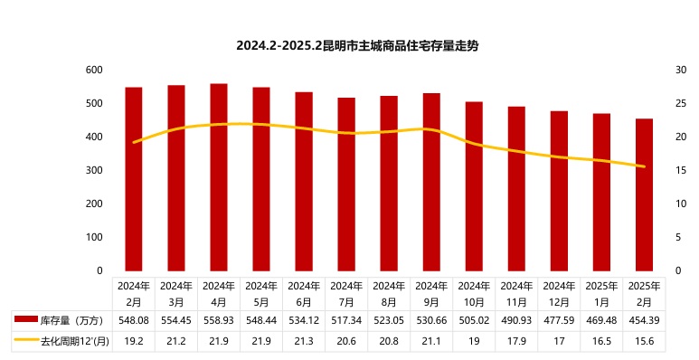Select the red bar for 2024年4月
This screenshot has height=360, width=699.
(x=219, y=177)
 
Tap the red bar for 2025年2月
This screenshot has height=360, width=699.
(x=644, y=194)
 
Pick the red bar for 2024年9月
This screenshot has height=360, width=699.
(x=431, y=182)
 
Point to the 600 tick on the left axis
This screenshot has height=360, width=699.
(x=93, y=70)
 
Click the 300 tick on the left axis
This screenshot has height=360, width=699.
(x=93, y=170)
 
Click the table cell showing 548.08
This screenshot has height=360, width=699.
(x=134, y=320)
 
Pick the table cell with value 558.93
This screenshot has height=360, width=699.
(x=219, y=320)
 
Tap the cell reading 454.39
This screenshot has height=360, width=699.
(x=644, y=320)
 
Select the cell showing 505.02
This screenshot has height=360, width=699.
(x=474, y=320)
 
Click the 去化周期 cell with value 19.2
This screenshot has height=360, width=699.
(x=134, y=341)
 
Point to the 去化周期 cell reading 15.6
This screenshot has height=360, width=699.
(x=644, y=341)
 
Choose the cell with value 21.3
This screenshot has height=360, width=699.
(x=304, y=341)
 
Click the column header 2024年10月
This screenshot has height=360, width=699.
(x=474, y=293)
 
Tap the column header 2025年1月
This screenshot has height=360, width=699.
(x=601, y=293)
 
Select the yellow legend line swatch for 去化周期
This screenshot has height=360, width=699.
(x=26, y=341)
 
